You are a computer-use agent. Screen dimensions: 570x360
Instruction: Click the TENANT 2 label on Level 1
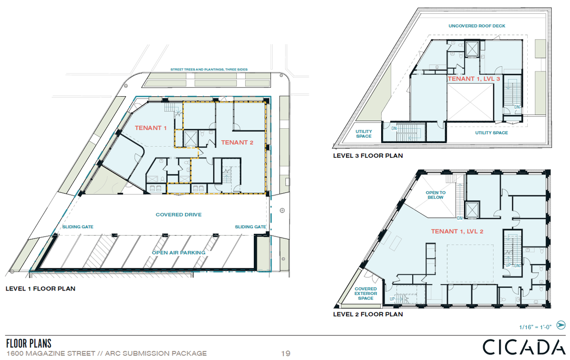coord(237,142)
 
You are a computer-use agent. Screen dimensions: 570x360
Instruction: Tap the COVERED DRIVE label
coord(179,215)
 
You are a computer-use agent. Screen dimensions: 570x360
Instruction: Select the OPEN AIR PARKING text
coord(179,253)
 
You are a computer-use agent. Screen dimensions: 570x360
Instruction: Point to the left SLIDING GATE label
coord(78,227)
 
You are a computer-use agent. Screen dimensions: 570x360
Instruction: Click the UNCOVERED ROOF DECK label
coord(477,26)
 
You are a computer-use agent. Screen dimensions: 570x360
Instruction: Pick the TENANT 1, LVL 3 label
coord(474,79)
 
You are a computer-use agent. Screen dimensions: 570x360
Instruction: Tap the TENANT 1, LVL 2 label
coord(457,231)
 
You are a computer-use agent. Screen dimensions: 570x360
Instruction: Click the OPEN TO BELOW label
coord(436,195)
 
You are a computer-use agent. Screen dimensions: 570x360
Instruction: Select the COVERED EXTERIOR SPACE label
coord(366,293)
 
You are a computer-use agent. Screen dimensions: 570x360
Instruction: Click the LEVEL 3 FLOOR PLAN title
coord(368,155)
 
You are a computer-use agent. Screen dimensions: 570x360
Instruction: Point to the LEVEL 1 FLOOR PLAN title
coord(41,288)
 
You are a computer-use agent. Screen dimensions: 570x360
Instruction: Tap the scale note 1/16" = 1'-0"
coord(535,327)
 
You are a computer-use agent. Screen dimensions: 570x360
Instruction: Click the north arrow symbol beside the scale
coord(561,325)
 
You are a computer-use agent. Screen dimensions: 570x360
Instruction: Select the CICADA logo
coord(524,347)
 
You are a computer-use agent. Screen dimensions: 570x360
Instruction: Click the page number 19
coord(286,353)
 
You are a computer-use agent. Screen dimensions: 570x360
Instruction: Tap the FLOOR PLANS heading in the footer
coord(29,344)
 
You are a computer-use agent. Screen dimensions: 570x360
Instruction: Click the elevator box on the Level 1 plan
coord(191,139)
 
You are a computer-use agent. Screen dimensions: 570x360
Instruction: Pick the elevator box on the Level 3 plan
coord(472,49)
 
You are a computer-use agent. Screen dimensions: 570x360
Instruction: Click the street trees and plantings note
coord(209,69)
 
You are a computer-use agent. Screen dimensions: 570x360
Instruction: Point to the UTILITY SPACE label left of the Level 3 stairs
coord(364,134)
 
